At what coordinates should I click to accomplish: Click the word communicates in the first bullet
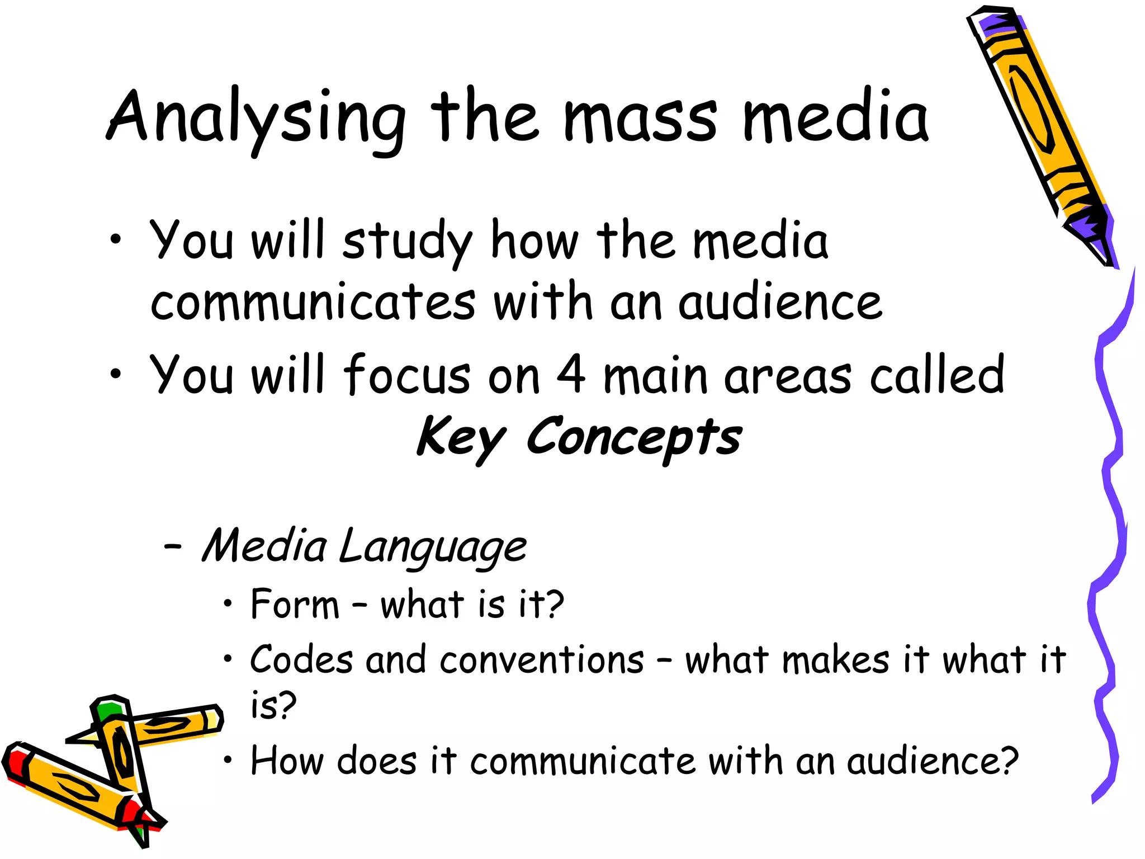pyautogui.click(x=313, y=303)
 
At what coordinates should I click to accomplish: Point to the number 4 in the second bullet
pyautogui.click(x=571, y=374)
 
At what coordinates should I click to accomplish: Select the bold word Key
pyautogui.click(x=461, y=438)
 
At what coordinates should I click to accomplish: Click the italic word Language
pyautogui.click(x=432, y=548)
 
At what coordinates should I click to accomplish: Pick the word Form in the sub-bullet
pyautogui.click(x=295, y=605)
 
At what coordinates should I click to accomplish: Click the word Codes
pyautogui.click(x=301, y=660)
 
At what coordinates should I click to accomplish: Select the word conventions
pyautogui.click(x=541, y=660)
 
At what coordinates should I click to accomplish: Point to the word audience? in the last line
pyautogui.click(x=932, y=761)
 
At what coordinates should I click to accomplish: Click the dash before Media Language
pyautogui.click(x=172, y=547)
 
